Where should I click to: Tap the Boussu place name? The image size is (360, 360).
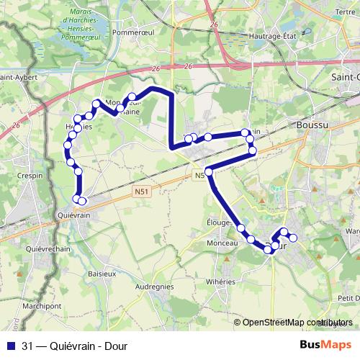(311, 125)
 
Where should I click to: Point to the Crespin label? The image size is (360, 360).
(31, 176)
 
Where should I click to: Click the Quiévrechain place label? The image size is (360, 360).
(46, 249)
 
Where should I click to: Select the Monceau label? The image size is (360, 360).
(222, 245)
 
